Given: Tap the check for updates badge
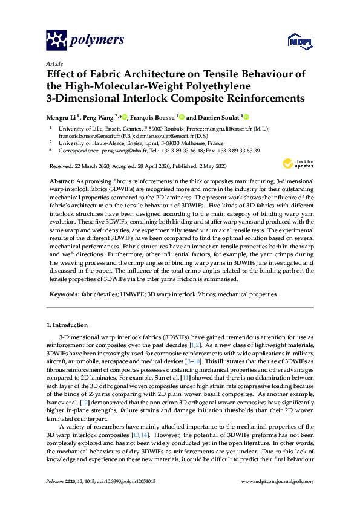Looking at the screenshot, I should [x=298, y=164].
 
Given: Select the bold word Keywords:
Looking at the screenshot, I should [x=63, y=294].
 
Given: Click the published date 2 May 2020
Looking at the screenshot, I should [x=215, y=166].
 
